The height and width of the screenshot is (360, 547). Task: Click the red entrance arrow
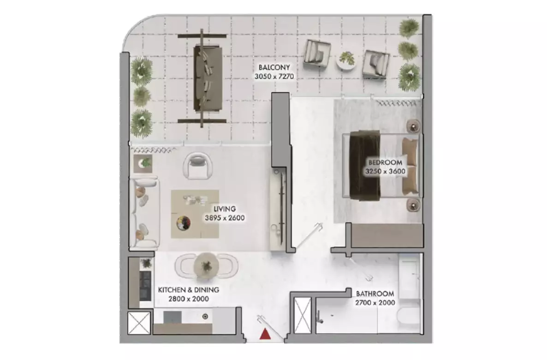pyautogui.click(x=265, y=335)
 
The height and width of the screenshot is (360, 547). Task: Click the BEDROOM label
pyautogui.click(x=385, y=163)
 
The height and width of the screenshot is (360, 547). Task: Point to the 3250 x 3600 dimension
pyautogui.click(x=385, y=171)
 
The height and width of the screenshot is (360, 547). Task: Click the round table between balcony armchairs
pyautogui.click(x=347, y=60)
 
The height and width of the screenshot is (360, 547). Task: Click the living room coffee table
pyautogui.click(x=195, y=214)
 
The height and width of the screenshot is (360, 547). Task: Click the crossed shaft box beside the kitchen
pyautogui.click(x=139, y=323)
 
